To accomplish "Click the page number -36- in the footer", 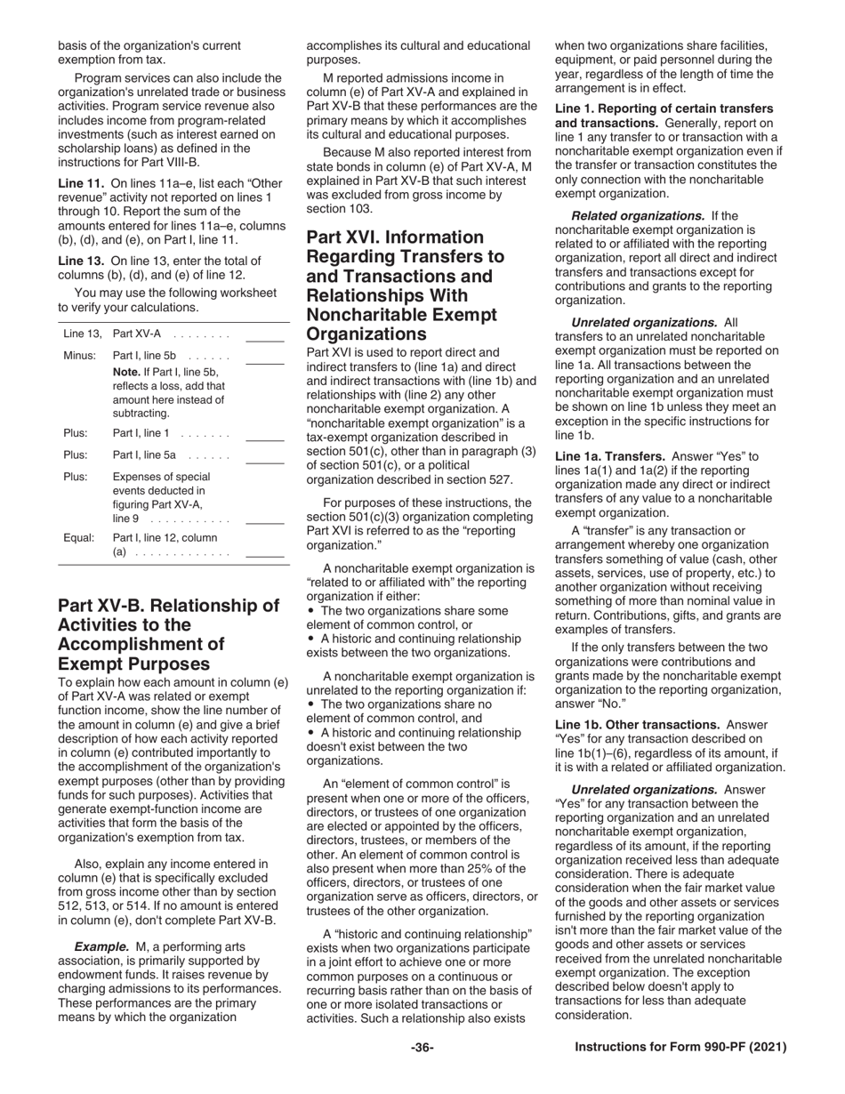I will (422, 1048).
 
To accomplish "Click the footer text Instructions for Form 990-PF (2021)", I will (680, 1048).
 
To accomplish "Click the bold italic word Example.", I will (101, 945).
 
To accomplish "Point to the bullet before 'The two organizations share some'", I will (310, 611).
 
